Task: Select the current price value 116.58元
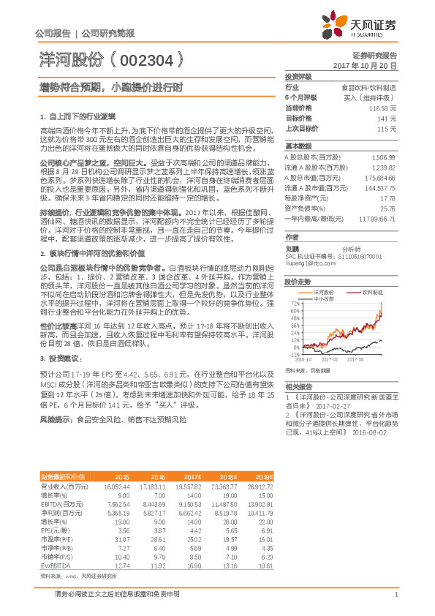(385, 108)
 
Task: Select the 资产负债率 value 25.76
(388, 208)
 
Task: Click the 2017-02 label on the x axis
(330, 359)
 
